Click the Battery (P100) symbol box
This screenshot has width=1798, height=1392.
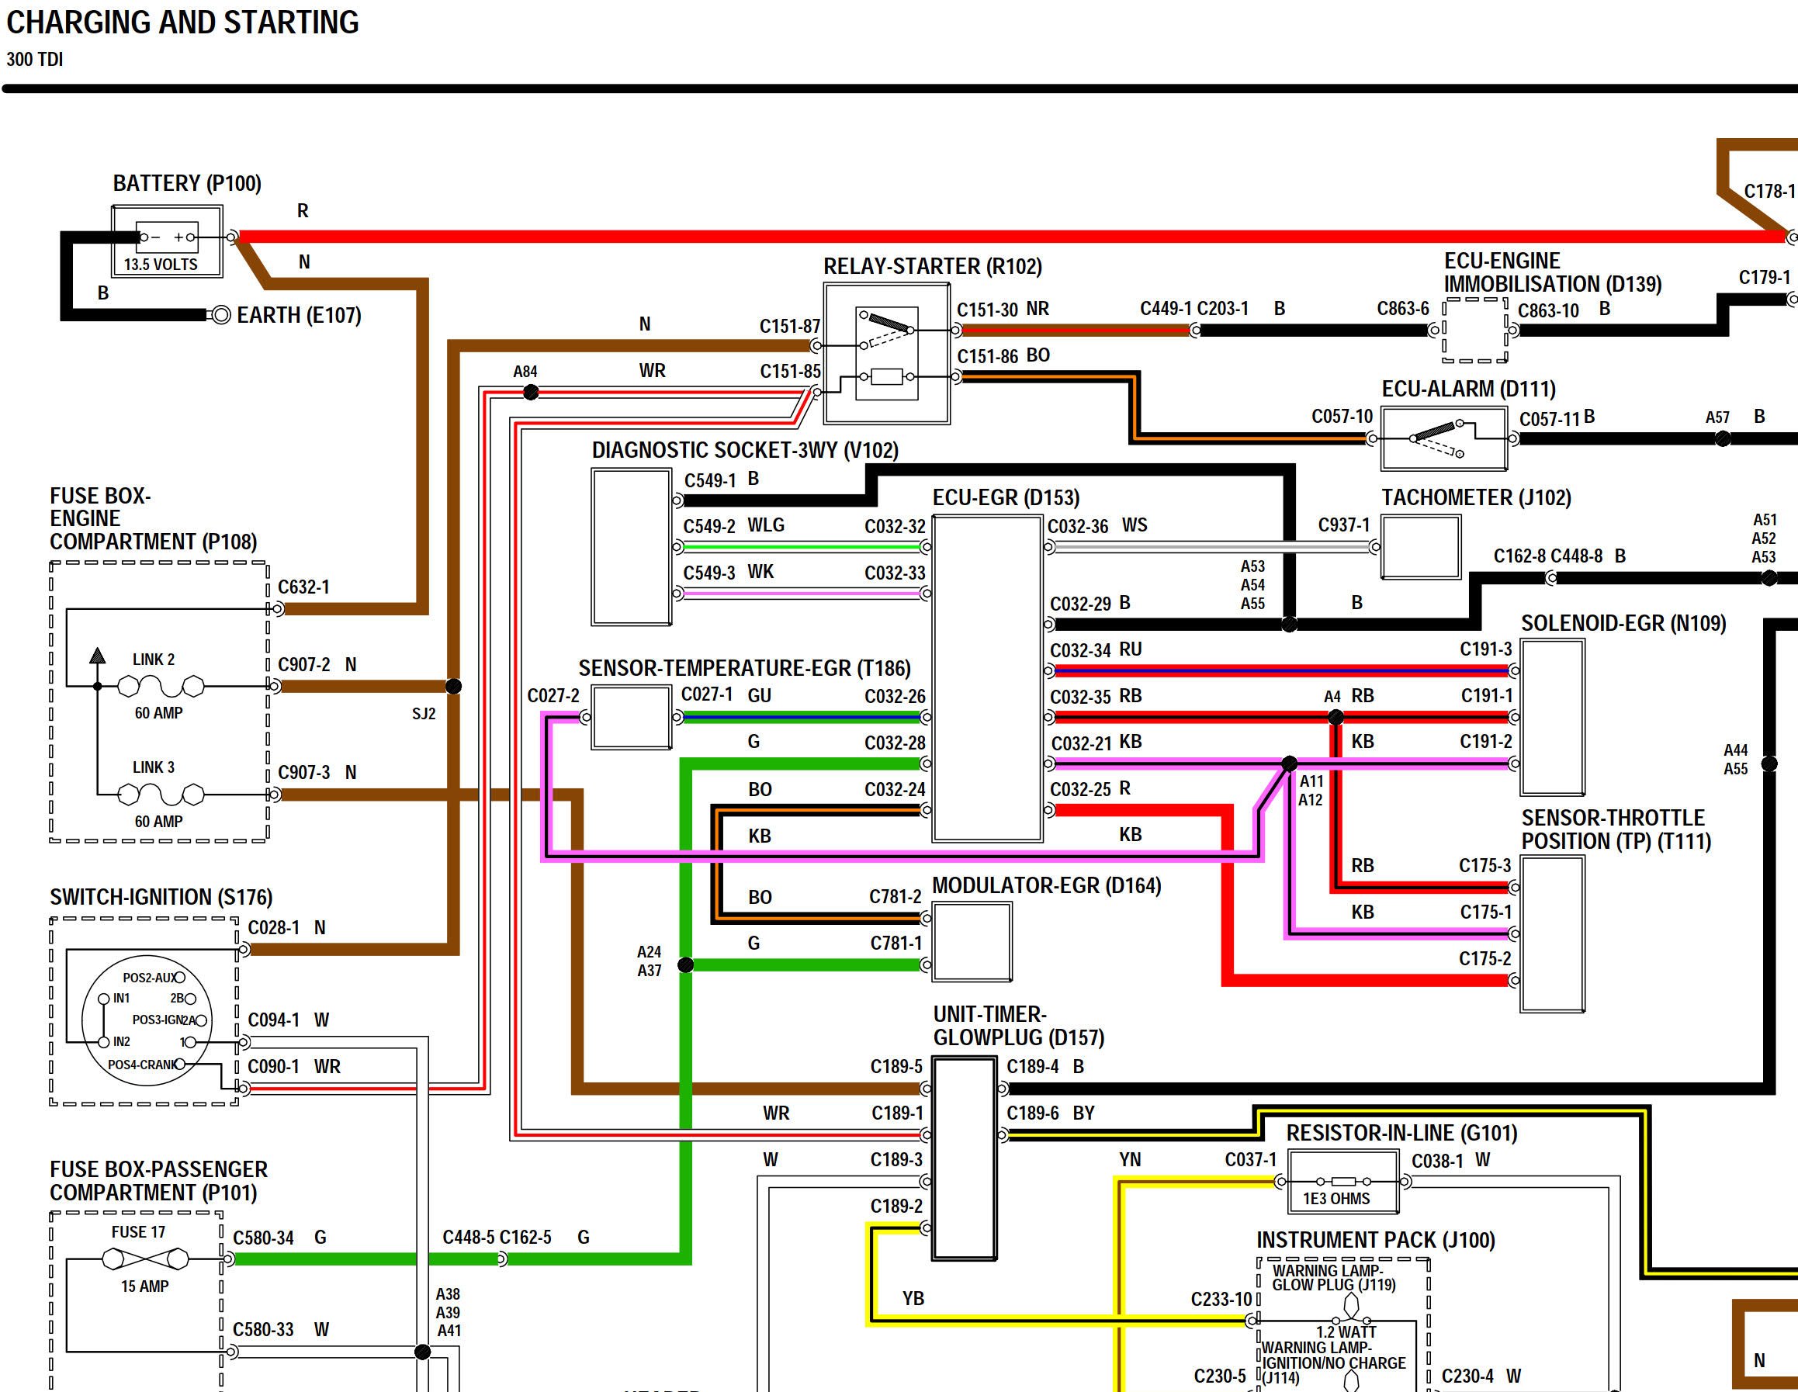167,241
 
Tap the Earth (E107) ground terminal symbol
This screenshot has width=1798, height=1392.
220,315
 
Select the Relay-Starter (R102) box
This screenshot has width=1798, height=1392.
887,354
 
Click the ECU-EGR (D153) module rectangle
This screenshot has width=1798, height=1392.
987,678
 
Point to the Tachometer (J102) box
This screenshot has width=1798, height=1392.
1420,546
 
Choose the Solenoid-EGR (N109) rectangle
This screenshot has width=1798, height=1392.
1552,717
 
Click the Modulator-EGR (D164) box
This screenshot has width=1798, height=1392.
972,942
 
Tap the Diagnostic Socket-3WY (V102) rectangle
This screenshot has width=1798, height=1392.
632,546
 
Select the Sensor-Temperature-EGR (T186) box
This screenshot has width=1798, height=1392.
632,718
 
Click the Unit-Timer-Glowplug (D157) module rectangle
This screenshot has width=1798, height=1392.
964,1158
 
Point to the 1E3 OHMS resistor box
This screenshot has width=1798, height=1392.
1342,1182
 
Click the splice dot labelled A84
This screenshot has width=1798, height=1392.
531,393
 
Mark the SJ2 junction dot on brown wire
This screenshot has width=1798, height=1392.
452,686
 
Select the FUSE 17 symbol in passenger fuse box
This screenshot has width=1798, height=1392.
145,1259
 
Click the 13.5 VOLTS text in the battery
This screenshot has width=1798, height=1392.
161,265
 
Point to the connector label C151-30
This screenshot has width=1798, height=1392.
987,310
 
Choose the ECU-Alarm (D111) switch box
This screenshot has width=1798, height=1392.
1444,438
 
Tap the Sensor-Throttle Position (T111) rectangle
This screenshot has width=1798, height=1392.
1552,933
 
